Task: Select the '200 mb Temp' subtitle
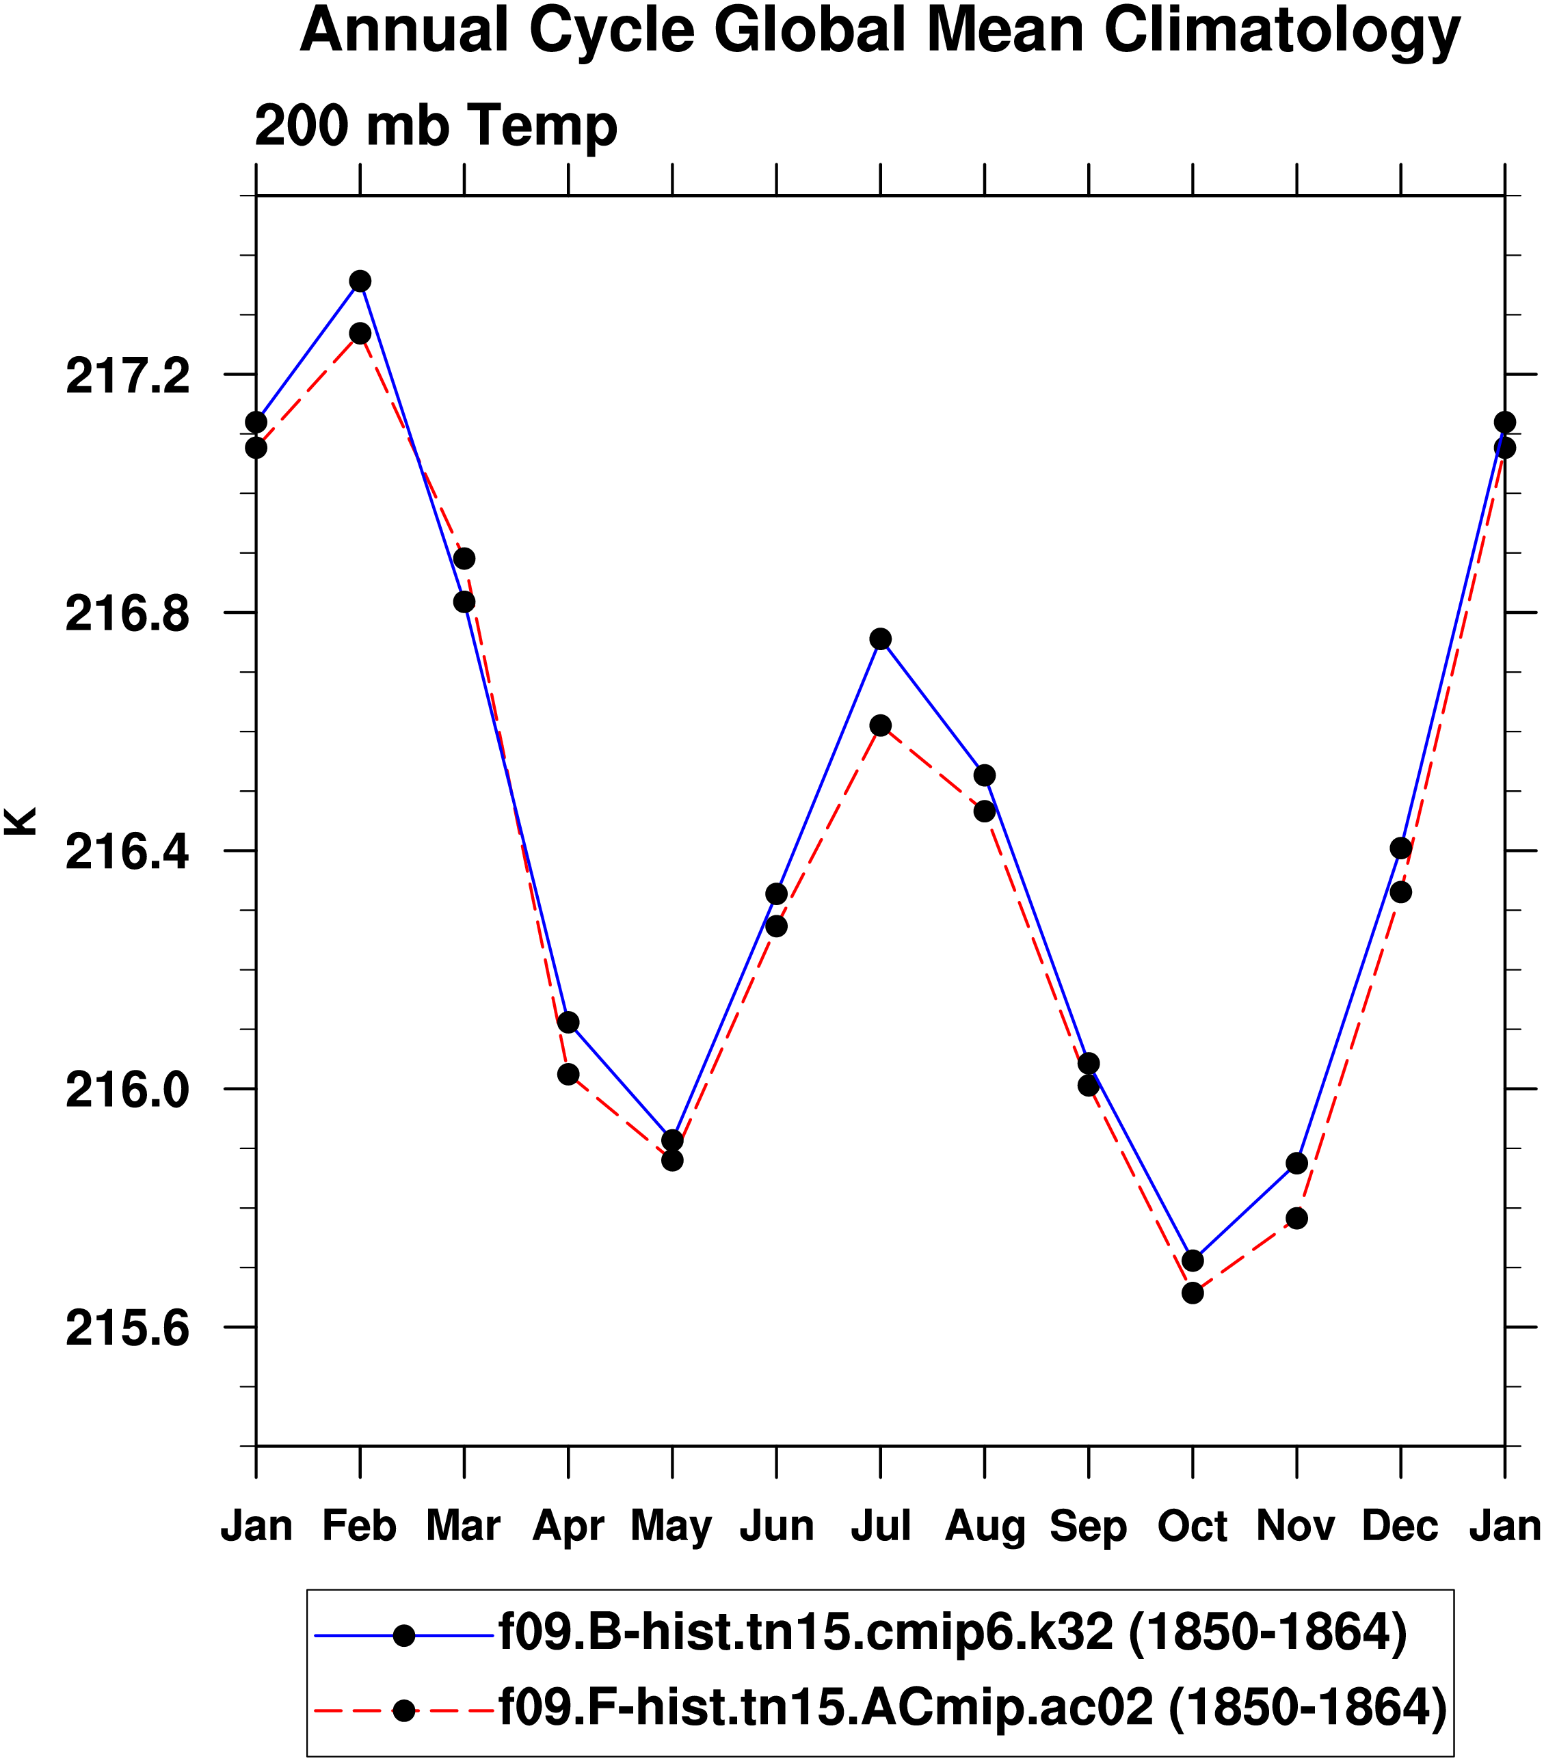[436, 126]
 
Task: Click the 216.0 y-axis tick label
[127, 1092]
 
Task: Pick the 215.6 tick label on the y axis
[127, 1330]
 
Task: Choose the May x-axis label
[671, 1527]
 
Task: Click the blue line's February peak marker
[360, 282]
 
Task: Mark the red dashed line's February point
[360, 334]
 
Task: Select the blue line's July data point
[880, 638]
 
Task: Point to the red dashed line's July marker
[880, 725]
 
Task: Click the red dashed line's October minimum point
[1193, 1293]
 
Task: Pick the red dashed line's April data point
[568, 1075]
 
